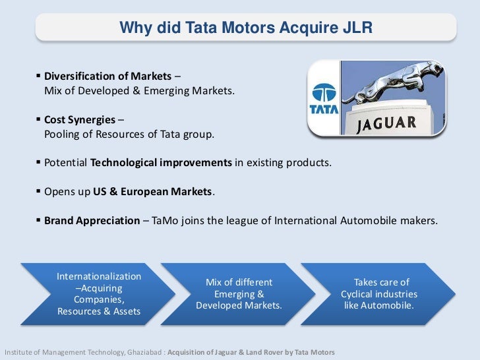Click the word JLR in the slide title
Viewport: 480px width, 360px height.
pyautogui.click(x=359, y=28)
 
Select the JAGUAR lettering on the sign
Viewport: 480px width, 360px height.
pyautogui.click(x=396, y=124)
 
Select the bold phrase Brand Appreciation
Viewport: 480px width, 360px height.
pyautogui.click(x=92, y=220)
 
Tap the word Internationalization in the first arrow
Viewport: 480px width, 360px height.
pyautogui.click(x=99, y=276)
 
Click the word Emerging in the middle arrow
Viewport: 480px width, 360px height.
pyautogui.click(x=239, y=294)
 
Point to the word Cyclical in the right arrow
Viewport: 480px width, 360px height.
pyautogui.click(x=360, y=294)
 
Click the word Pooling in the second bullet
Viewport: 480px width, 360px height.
pyautogui.click(x=61, y=135)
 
